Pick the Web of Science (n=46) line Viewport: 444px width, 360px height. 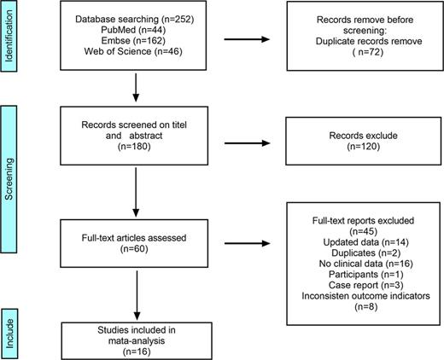[122, 53]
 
